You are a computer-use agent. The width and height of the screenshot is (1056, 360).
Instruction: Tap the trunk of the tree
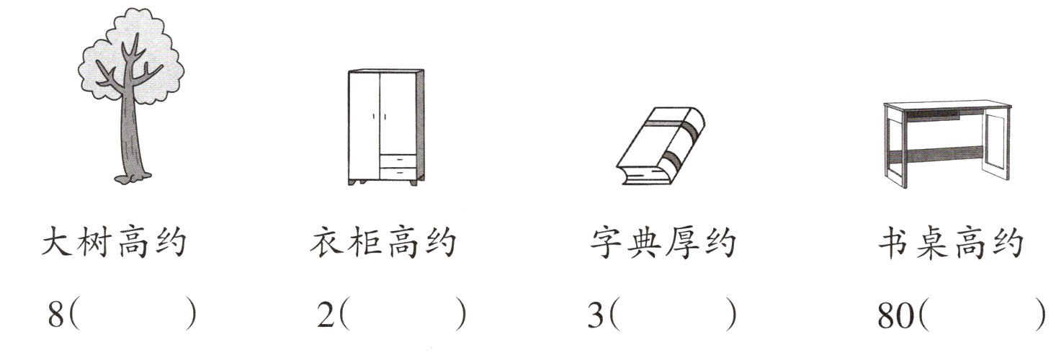[x=131, y=137]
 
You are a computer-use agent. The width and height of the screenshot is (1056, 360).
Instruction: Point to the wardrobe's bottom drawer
[x=398, y=173]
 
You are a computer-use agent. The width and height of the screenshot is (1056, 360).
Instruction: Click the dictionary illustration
[x=659, y=148]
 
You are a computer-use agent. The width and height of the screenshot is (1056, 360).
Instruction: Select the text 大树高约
[x=114, y=243]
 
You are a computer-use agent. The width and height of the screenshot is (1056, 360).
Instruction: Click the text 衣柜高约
[x=383, y=243]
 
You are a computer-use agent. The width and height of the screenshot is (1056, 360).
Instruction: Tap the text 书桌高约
[x=950, y=243]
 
